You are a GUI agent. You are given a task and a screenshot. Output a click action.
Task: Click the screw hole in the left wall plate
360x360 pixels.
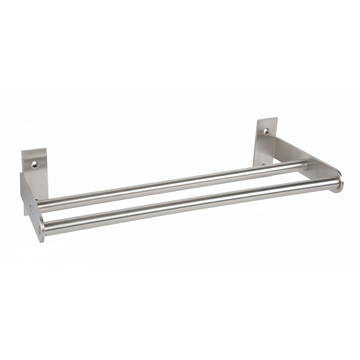click(x=35, y=164)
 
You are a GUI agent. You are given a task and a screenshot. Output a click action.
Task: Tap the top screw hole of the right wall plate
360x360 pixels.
click(x=266, y=131)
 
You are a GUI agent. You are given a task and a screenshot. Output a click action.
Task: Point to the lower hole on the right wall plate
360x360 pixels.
click(x=264, y=165)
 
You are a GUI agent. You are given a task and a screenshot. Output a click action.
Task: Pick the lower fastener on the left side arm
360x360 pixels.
click(x=39, y=228)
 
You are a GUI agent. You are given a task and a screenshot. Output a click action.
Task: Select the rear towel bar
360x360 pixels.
click(x=173, y=185)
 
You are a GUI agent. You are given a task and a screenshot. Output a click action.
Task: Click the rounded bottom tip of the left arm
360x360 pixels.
click(x=42, y=238)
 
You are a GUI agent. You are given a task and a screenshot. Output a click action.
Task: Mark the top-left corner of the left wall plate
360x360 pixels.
click(x=22, y=152)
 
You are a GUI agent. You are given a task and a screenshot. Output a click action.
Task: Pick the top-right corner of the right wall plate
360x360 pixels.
click(x=277, y=118)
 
